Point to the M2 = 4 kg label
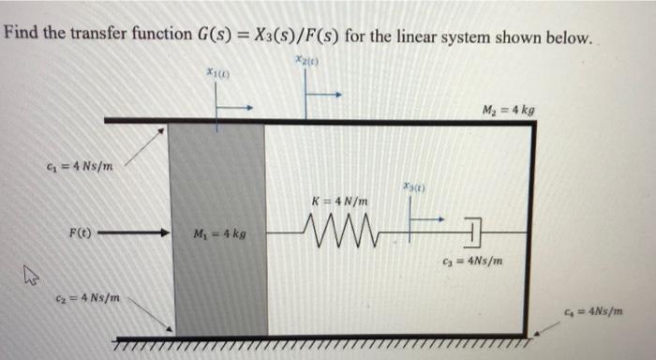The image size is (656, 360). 510,109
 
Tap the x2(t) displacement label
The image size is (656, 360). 306,60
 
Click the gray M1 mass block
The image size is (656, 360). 216,281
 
